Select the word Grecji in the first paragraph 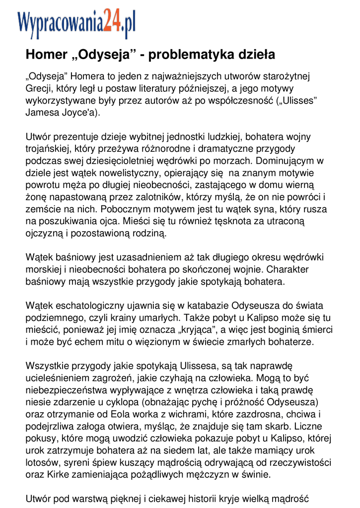click(38, 89)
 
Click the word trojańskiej click(50, 148)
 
